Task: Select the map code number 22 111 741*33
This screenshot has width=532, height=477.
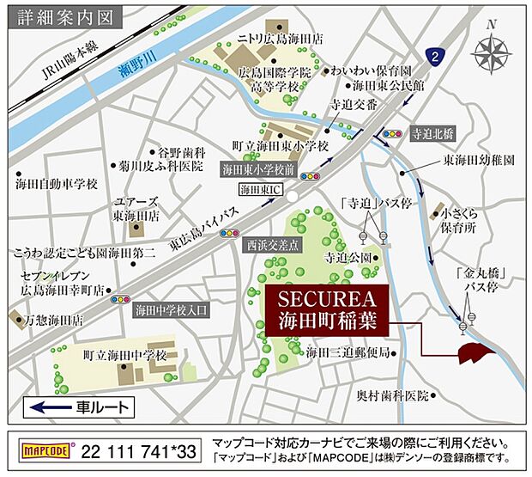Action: (142, 449)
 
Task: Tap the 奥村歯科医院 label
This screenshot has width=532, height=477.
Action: (392, 396)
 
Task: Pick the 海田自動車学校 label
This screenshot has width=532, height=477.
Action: (57, 184)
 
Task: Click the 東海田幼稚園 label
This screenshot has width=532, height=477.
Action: (478, 161)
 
